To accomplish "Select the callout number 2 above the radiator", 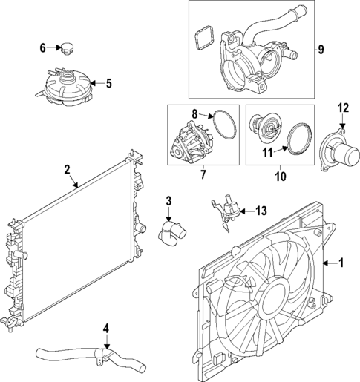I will pos(67,169).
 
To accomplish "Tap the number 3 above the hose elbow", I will pos(168,200).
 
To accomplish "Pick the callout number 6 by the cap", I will pos(43,48).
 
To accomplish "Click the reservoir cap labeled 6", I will pos(68,49).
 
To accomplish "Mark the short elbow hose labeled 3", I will pos(169,231).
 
